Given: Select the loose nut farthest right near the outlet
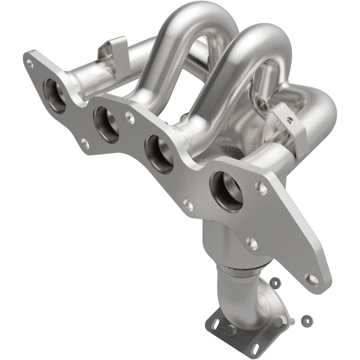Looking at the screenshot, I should coord(305,319).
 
